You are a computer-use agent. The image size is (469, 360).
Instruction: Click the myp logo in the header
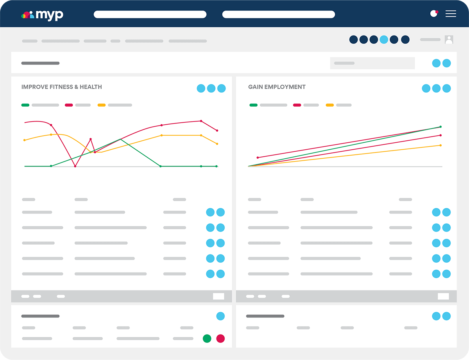(x=42, y=15)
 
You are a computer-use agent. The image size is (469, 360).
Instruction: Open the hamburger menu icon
(x=451, y=14)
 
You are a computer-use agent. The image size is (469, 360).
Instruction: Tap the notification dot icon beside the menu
(x=434, y=13)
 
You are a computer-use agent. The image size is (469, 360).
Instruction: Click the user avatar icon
(x=449, y=39)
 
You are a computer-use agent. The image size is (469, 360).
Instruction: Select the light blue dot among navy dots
(x=384, y=39)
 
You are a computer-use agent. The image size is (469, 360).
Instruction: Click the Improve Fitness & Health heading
(x=61, y=87)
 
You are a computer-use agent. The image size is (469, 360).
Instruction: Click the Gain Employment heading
(x=277, y=87)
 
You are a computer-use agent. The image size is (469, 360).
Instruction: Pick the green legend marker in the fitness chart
(x=25, y=105)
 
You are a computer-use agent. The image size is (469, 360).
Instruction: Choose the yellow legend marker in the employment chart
(x=329, y=105)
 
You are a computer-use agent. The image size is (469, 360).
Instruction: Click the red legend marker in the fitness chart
(x=69, y=105)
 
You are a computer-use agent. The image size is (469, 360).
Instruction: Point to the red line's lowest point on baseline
(x=75, y=166)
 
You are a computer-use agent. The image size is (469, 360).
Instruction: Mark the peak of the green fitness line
(x=120, y=139)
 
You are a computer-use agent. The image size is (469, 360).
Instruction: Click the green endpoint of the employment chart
(x=440, y=127)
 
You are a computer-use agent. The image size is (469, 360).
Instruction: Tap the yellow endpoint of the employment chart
(x=440, y=145)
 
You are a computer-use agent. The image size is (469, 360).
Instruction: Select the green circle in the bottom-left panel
(x=207, y=339)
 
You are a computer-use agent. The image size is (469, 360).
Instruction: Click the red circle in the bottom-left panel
(x=220, y=339)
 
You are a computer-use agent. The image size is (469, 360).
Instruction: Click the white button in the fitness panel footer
(x=218, y=296)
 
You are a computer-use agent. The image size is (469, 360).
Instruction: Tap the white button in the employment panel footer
(x=443, y=296)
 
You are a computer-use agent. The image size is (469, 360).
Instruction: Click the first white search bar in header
(x=150, y=14)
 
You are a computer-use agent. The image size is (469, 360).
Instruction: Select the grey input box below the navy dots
(x=372, y=63)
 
